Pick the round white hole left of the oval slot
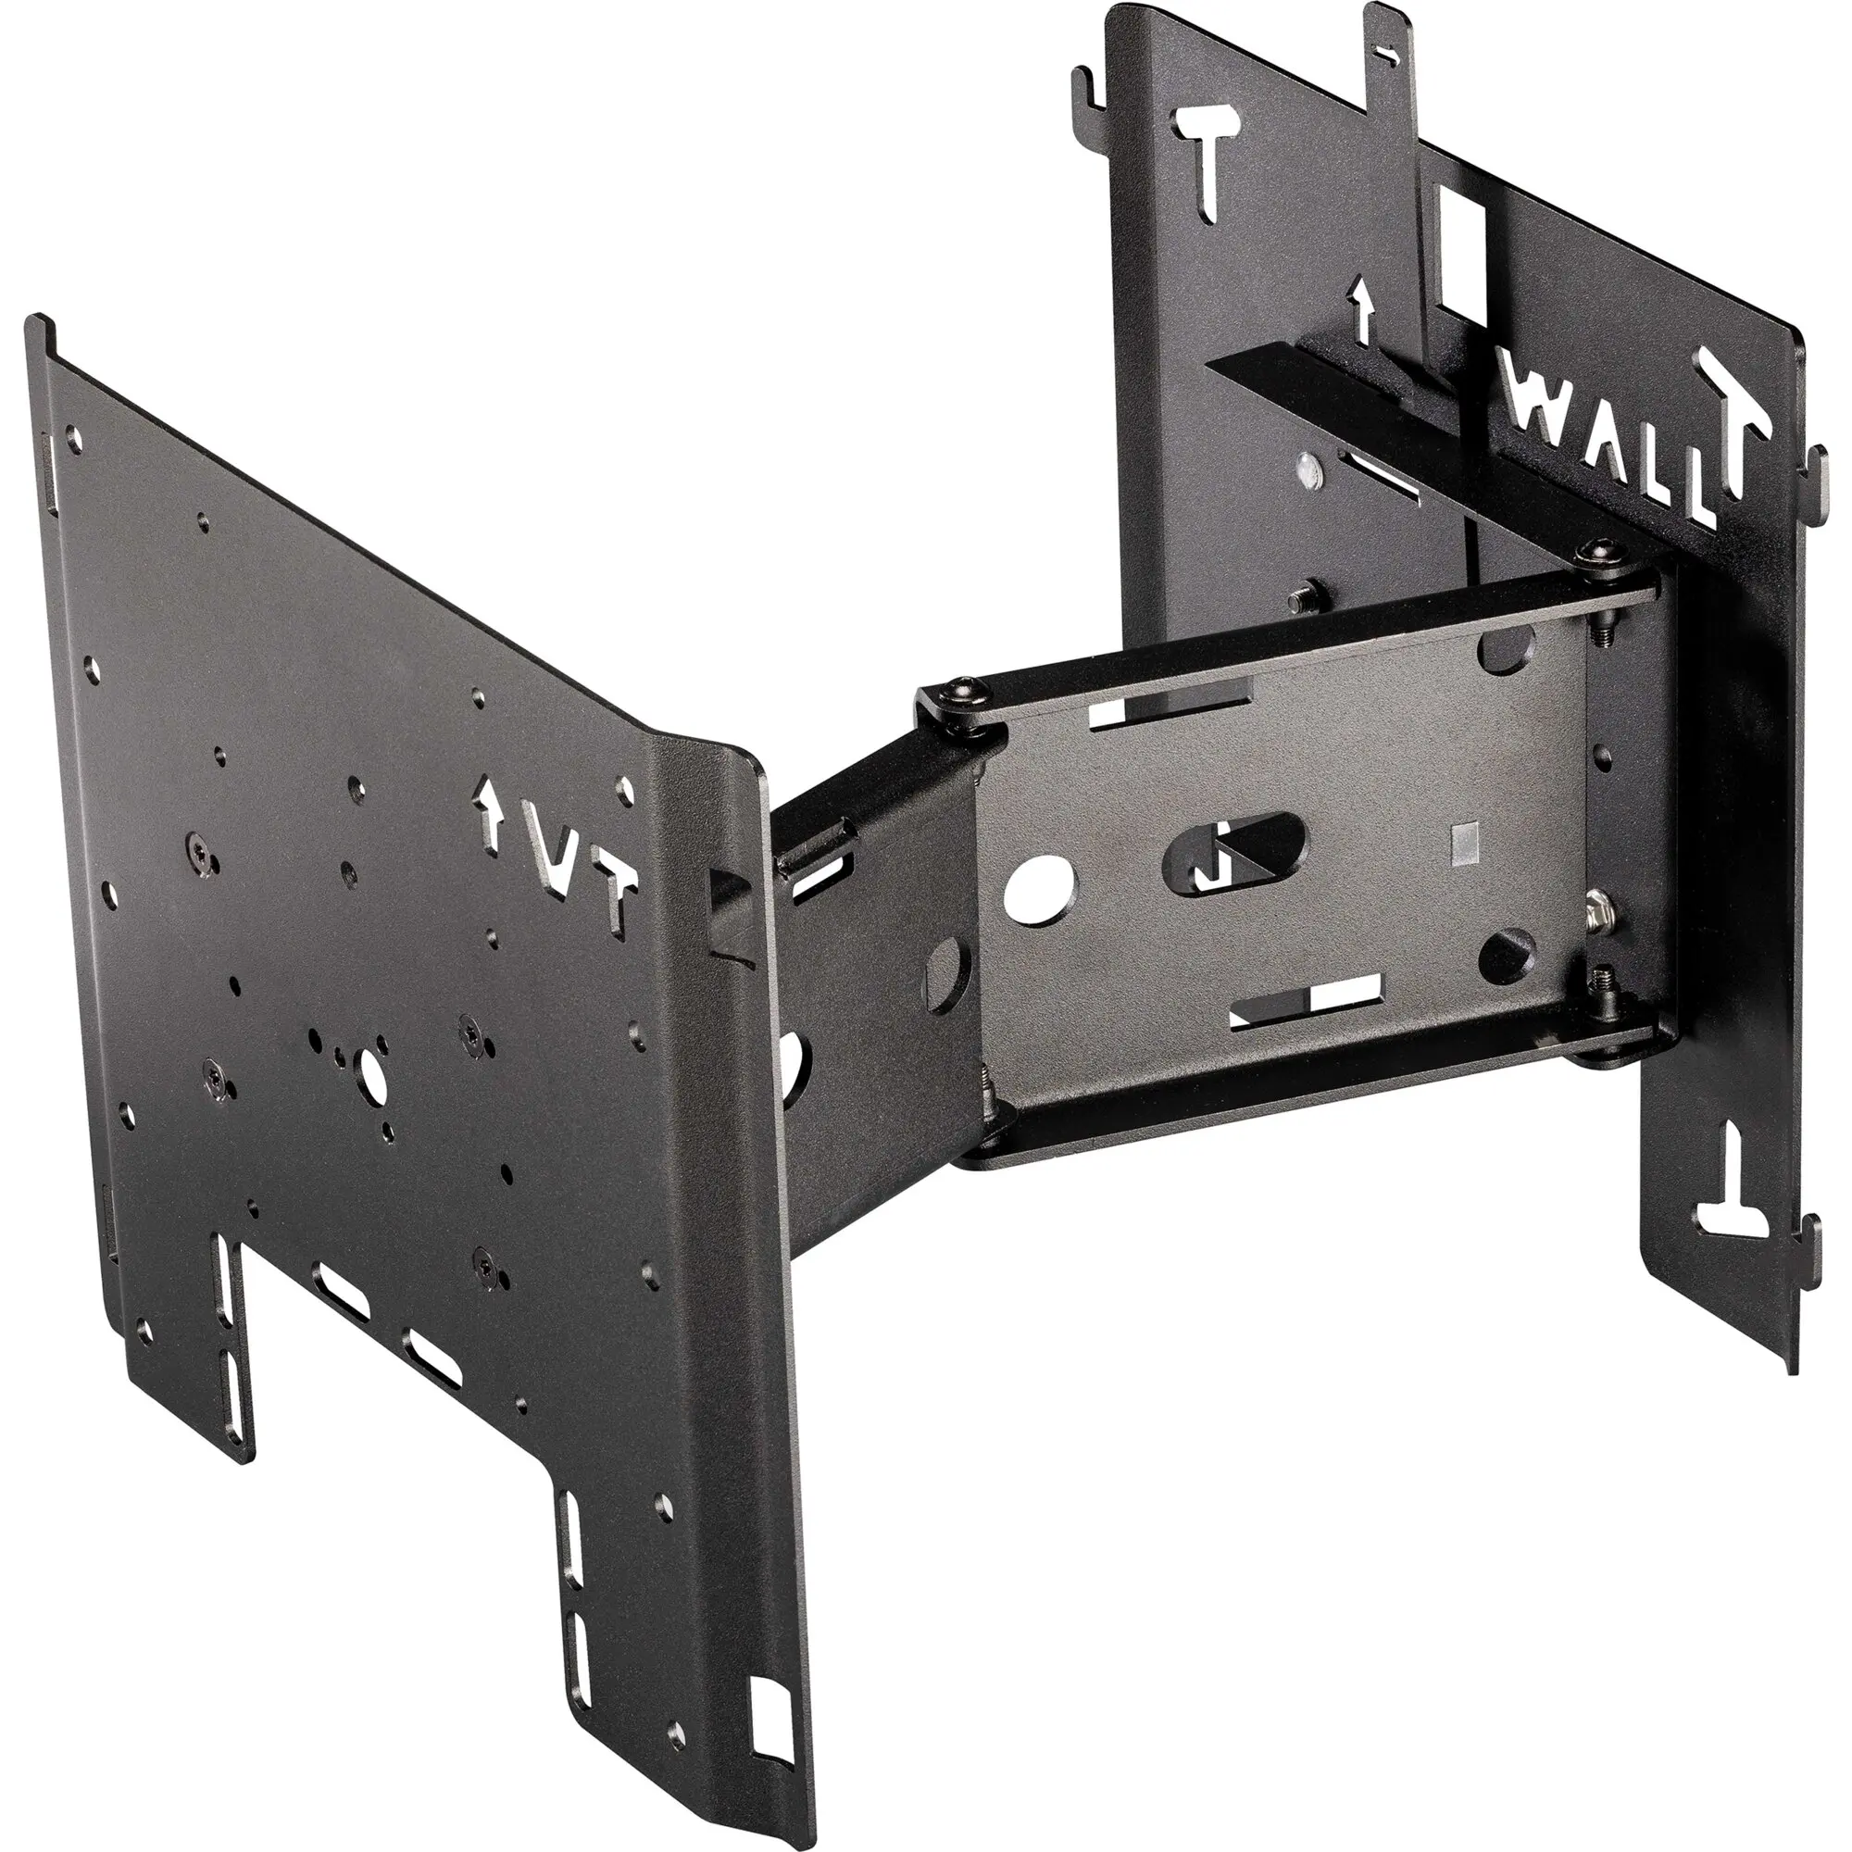[x=1039, y=882]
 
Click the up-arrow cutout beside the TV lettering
[x=490, y=806]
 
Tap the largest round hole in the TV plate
[x=370, y=1079]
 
